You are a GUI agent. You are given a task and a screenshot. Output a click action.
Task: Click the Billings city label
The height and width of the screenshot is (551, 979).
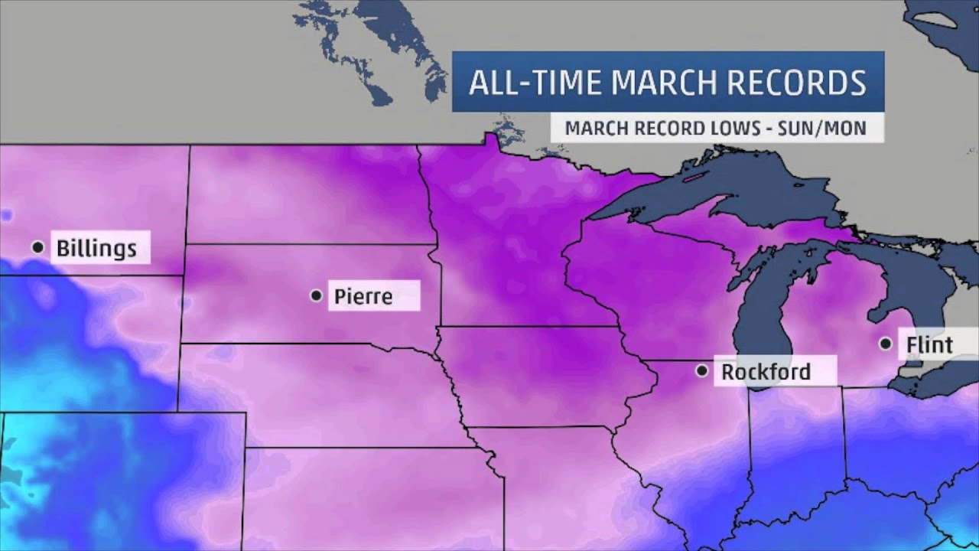point(97,249)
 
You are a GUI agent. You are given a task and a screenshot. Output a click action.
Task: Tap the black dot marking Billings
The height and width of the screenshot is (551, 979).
point(37,247)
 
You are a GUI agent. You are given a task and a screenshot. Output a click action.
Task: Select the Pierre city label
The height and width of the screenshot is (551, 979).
point(363,296)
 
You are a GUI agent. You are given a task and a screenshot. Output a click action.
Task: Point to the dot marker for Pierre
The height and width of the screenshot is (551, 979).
point(316,295)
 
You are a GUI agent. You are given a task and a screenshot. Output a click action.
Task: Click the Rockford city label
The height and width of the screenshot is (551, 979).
point(766,372)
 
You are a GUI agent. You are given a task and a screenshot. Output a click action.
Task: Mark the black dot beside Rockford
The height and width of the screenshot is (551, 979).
point(701,370)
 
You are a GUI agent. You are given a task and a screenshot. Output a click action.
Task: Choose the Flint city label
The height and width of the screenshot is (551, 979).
point(929,345)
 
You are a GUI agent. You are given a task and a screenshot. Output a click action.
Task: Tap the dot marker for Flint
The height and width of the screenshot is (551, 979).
point(886,344)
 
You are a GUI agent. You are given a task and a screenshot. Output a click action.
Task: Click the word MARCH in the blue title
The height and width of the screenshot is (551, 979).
point(674,83)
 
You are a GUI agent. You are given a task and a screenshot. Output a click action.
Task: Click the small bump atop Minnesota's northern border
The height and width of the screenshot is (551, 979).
point(487,139)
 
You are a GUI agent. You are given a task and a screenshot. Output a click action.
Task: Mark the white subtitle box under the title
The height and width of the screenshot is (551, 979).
point(717,128)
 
